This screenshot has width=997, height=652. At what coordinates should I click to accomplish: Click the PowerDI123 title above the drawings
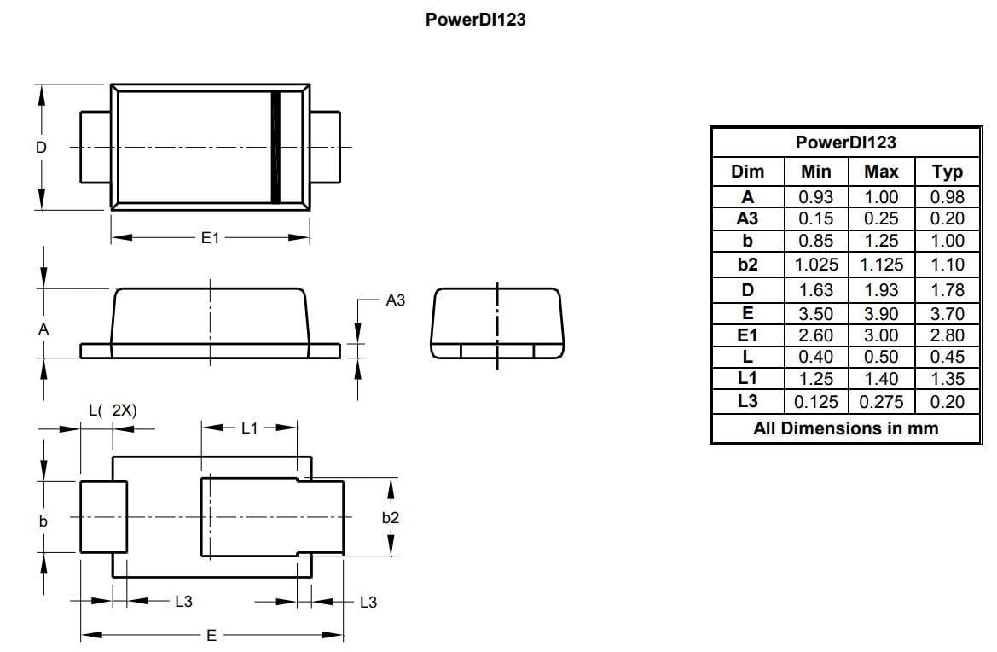click(x=475, y=20)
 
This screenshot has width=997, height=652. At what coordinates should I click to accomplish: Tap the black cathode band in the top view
click(x=275, y=147)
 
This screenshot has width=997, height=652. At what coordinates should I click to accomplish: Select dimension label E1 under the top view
click(x=210, y=239)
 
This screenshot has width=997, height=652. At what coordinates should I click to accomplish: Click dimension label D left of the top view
click(x=41, y=147)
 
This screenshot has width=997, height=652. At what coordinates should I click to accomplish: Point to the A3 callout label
click(x=396, y=300)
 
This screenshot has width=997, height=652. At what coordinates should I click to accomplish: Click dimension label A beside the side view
click(x=43, y=329)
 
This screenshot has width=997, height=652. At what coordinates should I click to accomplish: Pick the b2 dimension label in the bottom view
click(x=391, y=517)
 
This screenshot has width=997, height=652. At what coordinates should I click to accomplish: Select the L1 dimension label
click(x=249, y=428)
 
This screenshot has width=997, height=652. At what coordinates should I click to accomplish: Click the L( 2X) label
click(x=113, y=410)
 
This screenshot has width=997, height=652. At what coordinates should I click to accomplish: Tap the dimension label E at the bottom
click(x=212, y=636)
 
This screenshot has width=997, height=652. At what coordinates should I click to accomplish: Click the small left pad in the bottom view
click(x=103, y=517)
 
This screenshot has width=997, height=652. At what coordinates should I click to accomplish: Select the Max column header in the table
click(x=881, y=172)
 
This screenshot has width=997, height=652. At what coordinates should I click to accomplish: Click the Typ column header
click(x=948, y=172)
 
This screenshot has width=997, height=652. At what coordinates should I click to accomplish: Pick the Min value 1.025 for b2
click(x=816, y=265)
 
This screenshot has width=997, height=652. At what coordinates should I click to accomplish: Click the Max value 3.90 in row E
click(x=881, y=314)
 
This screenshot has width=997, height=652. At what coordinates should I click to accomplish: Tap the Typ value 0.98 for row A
click(x=948, y=196)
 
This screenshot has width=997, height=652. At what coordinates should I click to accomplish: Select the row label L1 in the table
click(x=747, y=379)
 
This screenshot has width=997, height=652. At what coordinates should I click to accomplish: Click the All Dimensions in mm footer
click(x=845, y=428)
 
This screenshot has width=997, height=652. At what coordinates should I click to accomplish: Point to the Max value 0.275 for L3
click(x=881, y=402)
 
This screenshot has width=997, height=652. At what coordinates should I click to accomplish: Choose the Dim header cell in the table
click(x=747, y=172)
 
